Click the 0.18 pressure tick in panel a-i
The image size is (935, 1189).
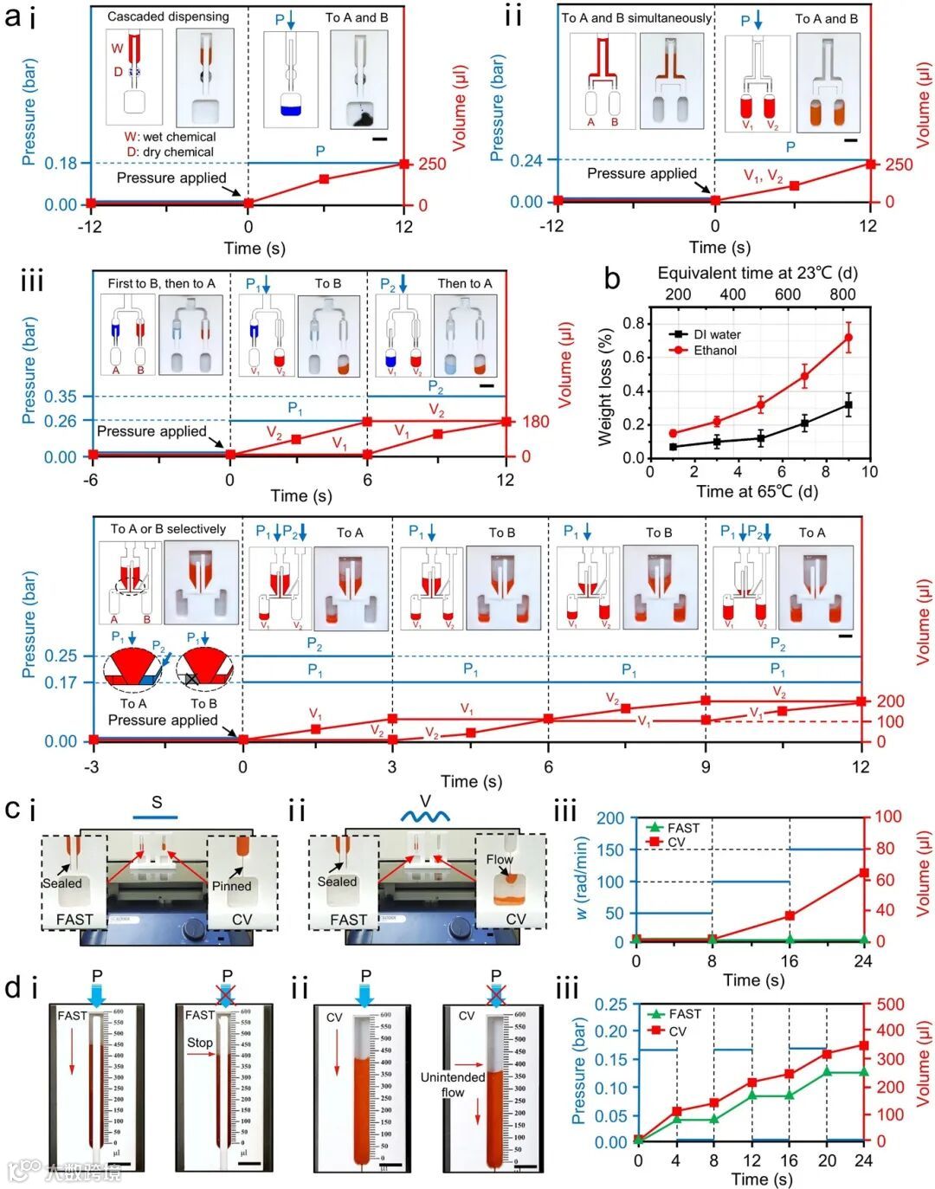point(61,164)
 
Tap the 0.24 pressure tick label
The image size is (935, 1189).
point(526,160)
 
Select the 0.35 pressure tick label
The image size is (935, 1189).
point(61,397)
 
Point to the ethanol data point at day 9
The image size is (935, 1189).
point(848,337)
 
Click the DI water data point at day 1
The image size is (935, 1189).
point(673,447)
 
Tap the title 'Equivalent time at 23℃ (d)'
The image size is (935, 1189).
point(758,273)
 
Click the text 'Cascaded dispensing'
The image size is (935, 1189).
point(168,16)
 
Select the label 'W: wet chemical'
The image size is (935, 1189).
point(170,137)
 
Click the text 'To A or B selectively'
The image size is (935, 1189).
point(168,529)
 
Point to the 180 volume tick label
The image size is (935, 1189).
point(536,422)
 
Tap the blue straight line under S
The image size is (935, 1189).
point(156,817)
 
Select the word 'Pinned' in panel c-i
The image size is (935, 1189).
point(231,886)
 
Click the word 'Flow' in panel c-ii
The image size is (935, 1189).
point(500,859)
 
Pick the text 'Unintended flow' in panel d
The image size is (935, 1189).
point(452,1084)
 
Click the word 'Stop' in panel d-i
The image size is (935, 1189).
point(200,1042)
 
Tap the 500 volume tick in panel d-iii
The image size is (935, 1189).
point(890,1005)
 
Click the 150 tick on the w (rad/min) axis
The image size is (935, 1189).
point(609,850)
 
